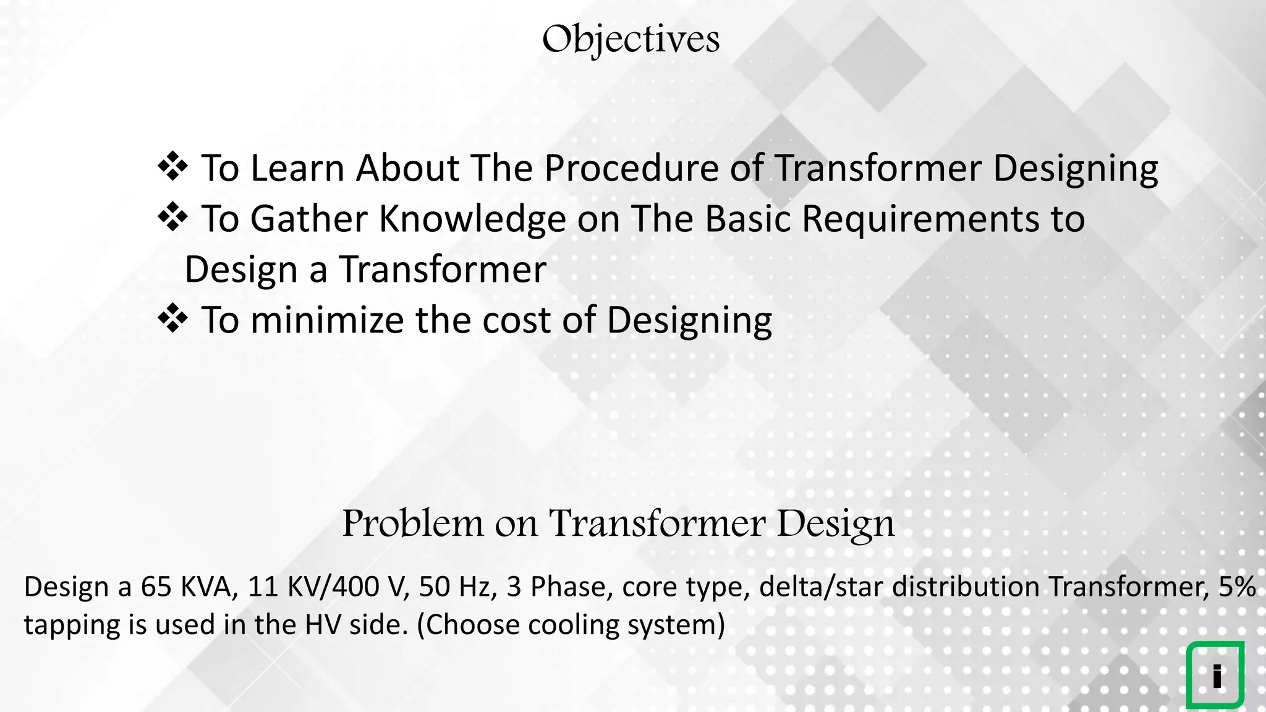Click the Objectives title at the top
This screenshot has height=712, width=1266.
(631, 40)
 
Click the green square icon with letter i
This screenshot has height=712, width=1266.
(1215, 675)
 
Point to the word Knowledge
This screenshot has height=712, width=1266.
(472, 219)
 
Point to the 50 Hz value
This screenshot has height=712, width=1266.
(458, 587)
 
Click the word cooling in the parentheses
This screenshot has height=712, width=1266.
(573, 625)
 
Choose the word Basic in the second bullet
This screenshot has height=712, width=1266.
(747, 219)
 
